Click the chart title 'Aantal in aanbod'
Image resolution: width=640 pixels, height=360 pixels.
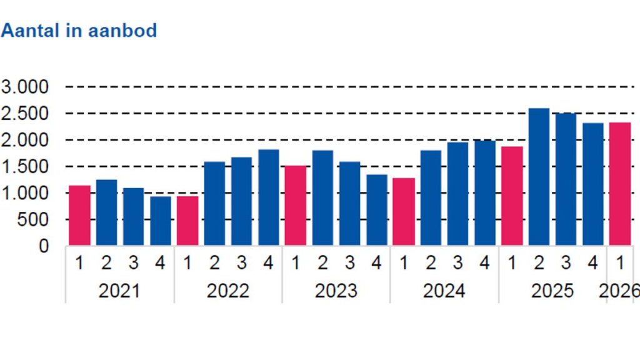79,31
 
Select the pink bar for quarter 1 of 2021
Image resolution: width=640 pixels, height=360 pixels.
79,216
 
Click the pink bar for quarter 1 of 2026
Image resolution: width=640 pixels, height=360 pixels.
620,184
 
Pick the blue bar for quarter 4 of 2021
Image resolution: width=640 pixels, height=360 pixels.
160,221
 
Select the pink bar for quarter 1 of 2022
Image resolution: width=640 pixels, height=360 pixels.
187,221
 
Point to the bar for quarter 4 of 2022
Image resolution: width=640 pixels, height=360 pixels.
268,197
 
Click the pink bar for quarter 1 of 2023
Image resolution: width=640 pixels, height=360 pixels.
296,206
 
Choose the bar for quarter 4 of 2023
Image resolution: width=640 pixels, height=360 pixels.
376,210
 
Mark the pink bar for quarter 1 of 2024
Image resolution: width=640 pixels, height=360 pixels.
404,212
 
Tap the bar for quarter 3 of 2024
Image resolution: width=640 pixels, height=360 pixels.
457,194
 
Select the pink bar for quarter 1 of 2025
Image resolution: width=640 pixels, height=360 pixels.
512,196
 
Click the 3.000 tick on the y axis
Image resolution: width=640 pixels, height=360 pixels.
25,87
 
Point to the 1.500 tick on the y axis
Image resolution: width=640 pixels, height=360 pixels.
25,167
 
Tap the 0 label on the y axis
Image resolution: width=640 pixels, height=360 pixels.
42,246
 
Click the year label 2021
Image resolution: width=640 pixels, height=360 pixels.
119,291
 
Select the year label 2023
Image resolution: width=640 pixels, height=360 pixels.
336,291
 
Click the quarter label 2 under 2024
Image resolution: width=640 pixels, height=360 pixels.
431,264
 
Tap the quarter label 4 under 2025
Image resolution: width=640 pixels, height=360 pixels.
592,264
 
